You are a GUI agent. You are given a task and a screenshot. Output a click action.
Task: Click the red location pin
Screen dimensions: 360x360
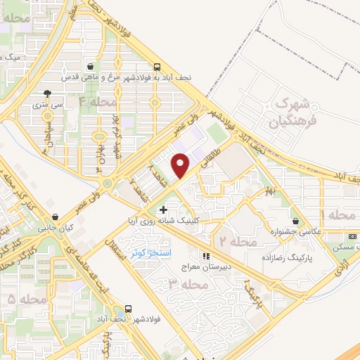181,165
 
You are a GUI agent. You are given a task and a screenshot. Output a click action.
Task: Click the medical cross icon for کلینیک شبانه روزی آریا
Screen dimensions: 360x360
164,210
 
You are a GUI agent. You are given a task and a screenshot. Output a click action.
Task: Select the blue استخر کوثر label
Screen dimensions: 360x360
147,252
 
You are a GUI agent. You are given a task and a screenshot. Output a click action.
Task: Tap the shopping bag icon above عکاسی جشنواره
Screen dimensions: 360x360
304,220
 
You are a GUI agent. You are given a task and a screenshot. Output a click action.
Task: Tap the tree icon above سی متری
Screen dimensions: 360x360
48,94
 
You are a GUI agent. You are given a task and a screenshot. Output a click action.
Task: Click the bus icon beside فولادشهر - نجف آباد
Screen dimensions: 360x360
129,308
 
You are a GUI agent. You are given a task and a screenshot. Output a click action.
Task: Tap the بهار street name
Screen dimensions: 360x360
268,190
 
